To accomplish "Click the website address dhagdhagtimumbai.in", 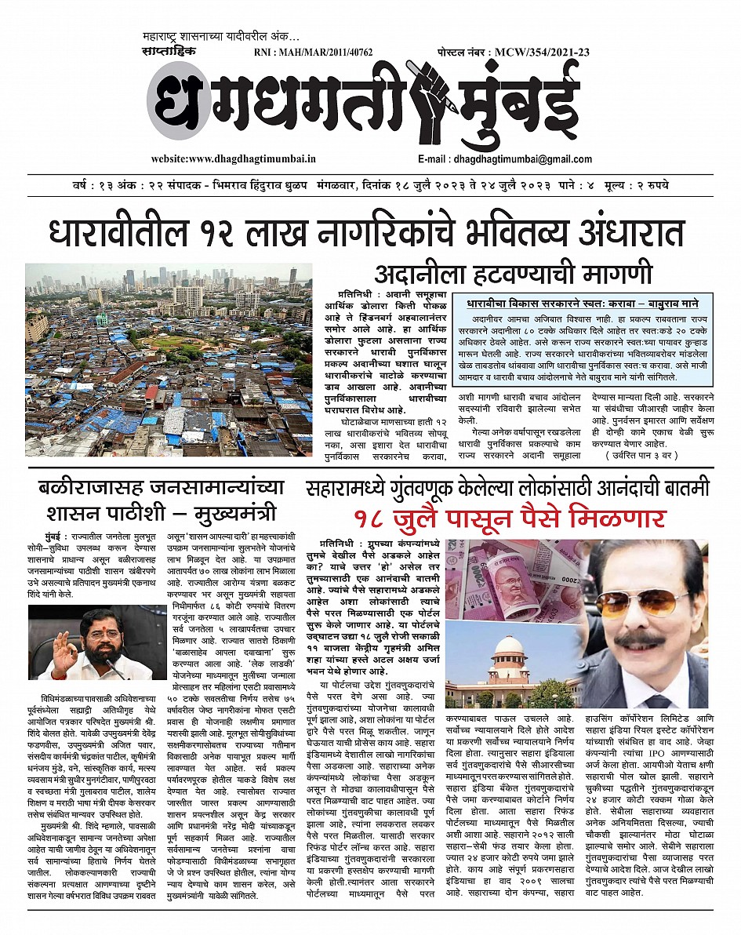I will (233, 158).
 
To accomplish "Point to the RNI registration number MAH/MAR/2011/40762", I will (314, 53).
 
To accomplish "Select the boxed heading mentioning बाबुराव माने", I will (581, 303).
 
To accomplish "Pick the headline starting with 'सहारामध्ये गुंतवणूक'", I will (507, 487).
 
